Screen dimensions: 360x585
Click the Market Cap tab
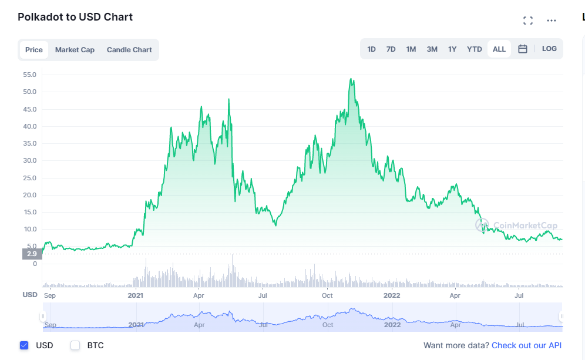click(75, 50)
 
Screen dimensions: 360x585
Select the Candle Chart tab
click(129, 50)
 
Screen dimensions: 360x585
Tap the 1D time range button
click(371, 49)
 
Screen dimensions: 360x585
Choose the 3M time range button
click(432, 49)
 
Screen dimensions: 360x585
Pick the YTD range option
click(474, 49)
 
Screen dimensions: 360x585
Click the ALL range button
click(499, 49)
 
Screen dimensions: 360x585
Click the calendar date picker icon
click(523, 49)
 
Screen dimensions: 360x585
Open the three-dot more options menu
click(551, 21)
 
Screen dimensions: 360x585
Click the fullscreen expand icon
click(528, 21)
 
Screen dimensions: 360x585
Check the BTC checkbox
click(75, 345)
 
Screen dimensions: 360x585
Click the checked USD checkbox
click(24, 345)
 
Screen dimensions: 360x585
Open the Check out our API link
click(526, 345)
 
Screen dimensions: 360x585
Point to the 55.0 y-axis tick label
click(29, 75)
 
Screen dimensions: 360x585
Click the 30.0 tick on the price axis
click(29, 160)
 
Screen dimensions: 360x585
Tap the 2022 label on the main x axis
click(391, 295)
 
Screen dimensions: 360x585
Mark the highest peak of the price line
click(351, 79)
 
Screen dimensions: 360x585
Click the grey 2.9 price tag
click(31, 254)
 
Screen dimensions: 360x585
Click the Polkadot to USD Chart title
click(75, 17)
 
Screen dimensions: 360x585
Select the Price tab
click(34, 50)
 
